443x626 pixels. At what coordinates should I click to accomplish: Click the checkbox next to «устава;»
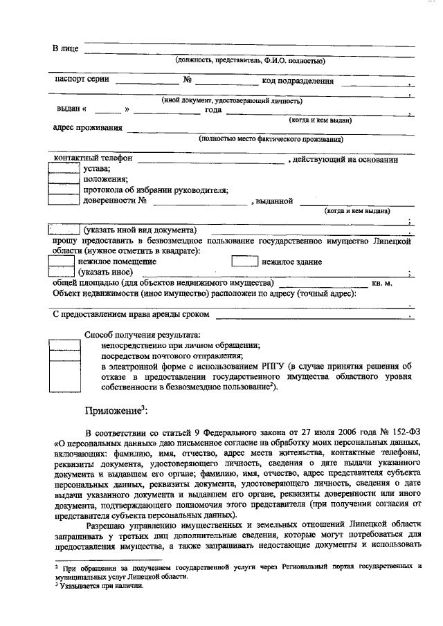click(64, 167)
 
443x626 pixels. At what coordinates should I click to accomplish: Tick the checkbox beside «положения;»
click(64, 178)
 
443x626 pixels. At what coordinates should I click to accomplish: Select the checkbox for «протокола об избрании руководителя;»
click(64, 190)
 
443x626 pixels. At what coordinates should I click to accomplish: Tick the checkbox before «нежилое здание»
click(244, 262)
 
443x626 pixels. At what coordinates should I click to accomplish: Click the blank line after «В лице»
click(248, 48)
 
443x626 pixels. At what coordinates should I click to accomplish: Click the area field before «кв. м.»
click(323, 284)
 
